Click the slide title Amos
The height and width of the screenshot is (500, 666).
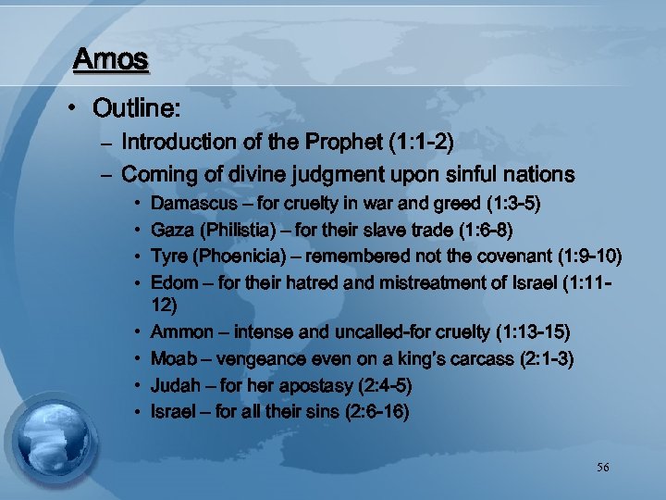(x=111, y=60)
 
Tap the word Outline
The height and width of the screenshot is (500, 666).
(x=135, y=108)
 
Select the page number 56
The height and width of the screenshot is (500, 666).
(x=603, y=468)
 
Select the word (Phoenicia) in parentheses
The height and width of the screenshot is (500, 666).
(x=245, y=256)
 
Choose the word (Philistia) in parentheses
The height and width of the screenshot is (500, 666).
(x=240, y=229)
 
